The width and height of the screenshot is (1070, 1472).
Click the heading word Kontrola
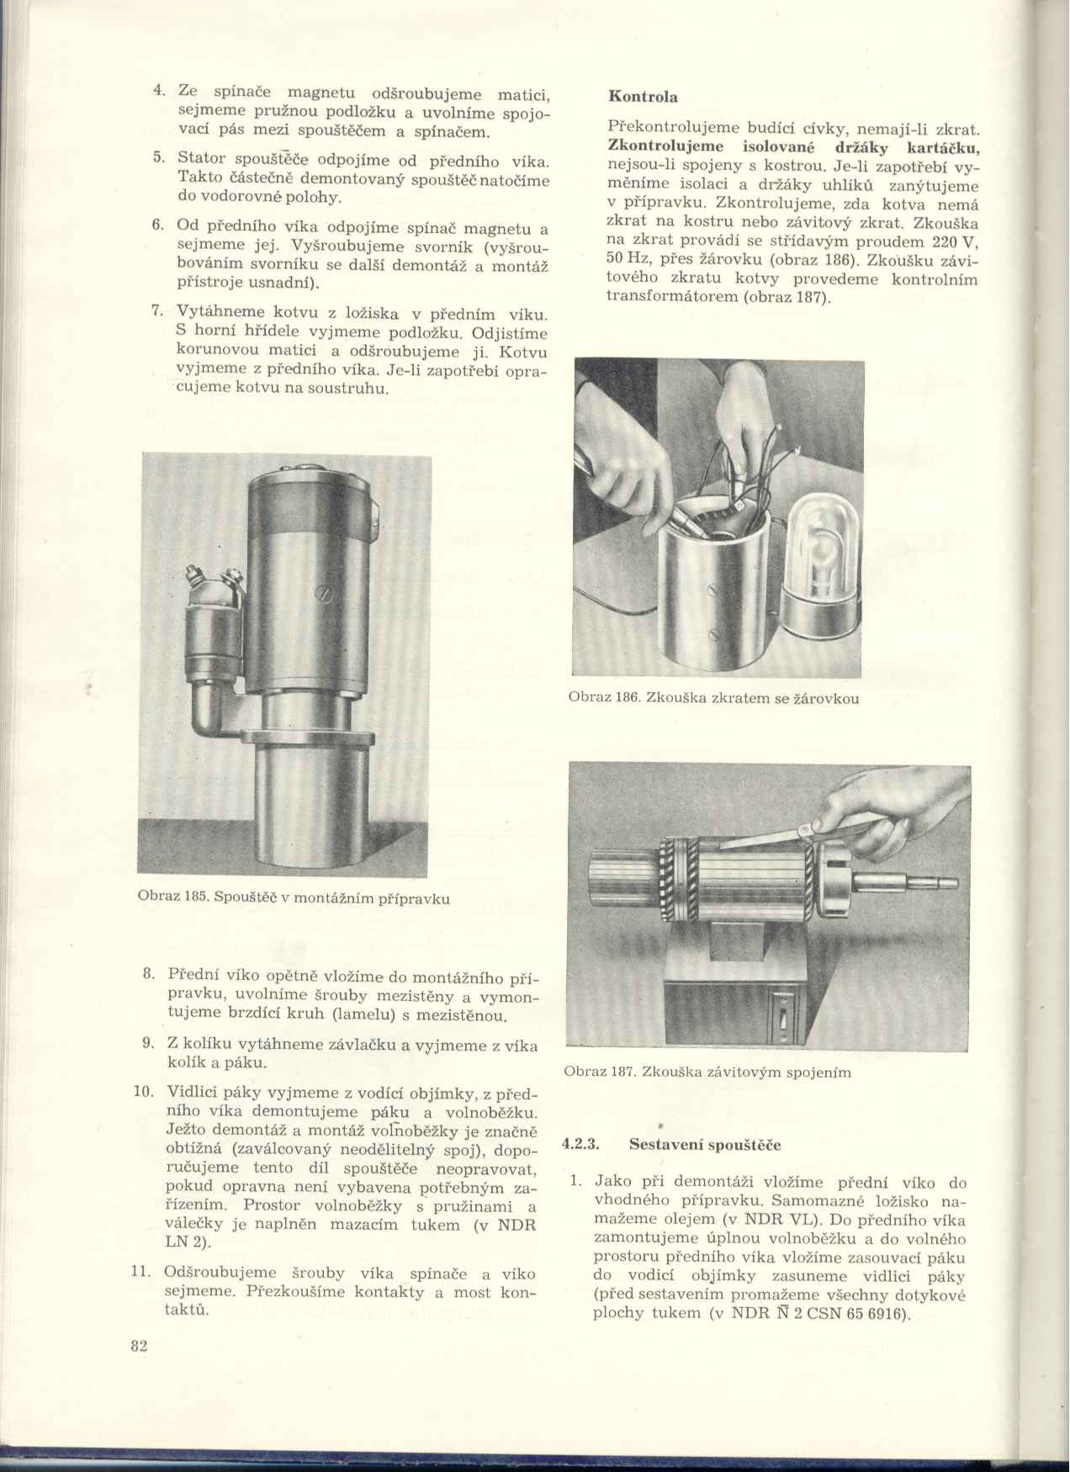click(643, 97)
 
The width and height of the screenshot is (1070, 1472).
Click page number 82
click(140, 1346)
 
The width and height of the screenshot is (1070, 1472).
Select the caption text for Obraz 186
click(713, 698)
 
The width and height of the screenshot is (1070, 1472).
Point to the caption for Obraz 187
click(707, 1072)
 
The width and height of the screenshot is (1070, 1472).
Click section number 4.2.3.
click(580, 1145)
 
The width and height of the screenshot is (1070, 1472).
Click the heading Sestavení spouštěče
click(705, 1145)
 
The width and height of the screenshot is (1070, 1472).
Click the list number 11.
click(142, 1273)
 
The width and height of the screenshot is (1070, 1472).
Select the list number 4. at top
click(158, 92)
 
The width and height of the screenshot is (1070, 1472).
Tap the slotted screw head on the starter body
click(323, 593)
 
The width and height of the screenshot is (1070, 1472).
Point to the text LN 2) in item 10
click(188, 1242)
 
